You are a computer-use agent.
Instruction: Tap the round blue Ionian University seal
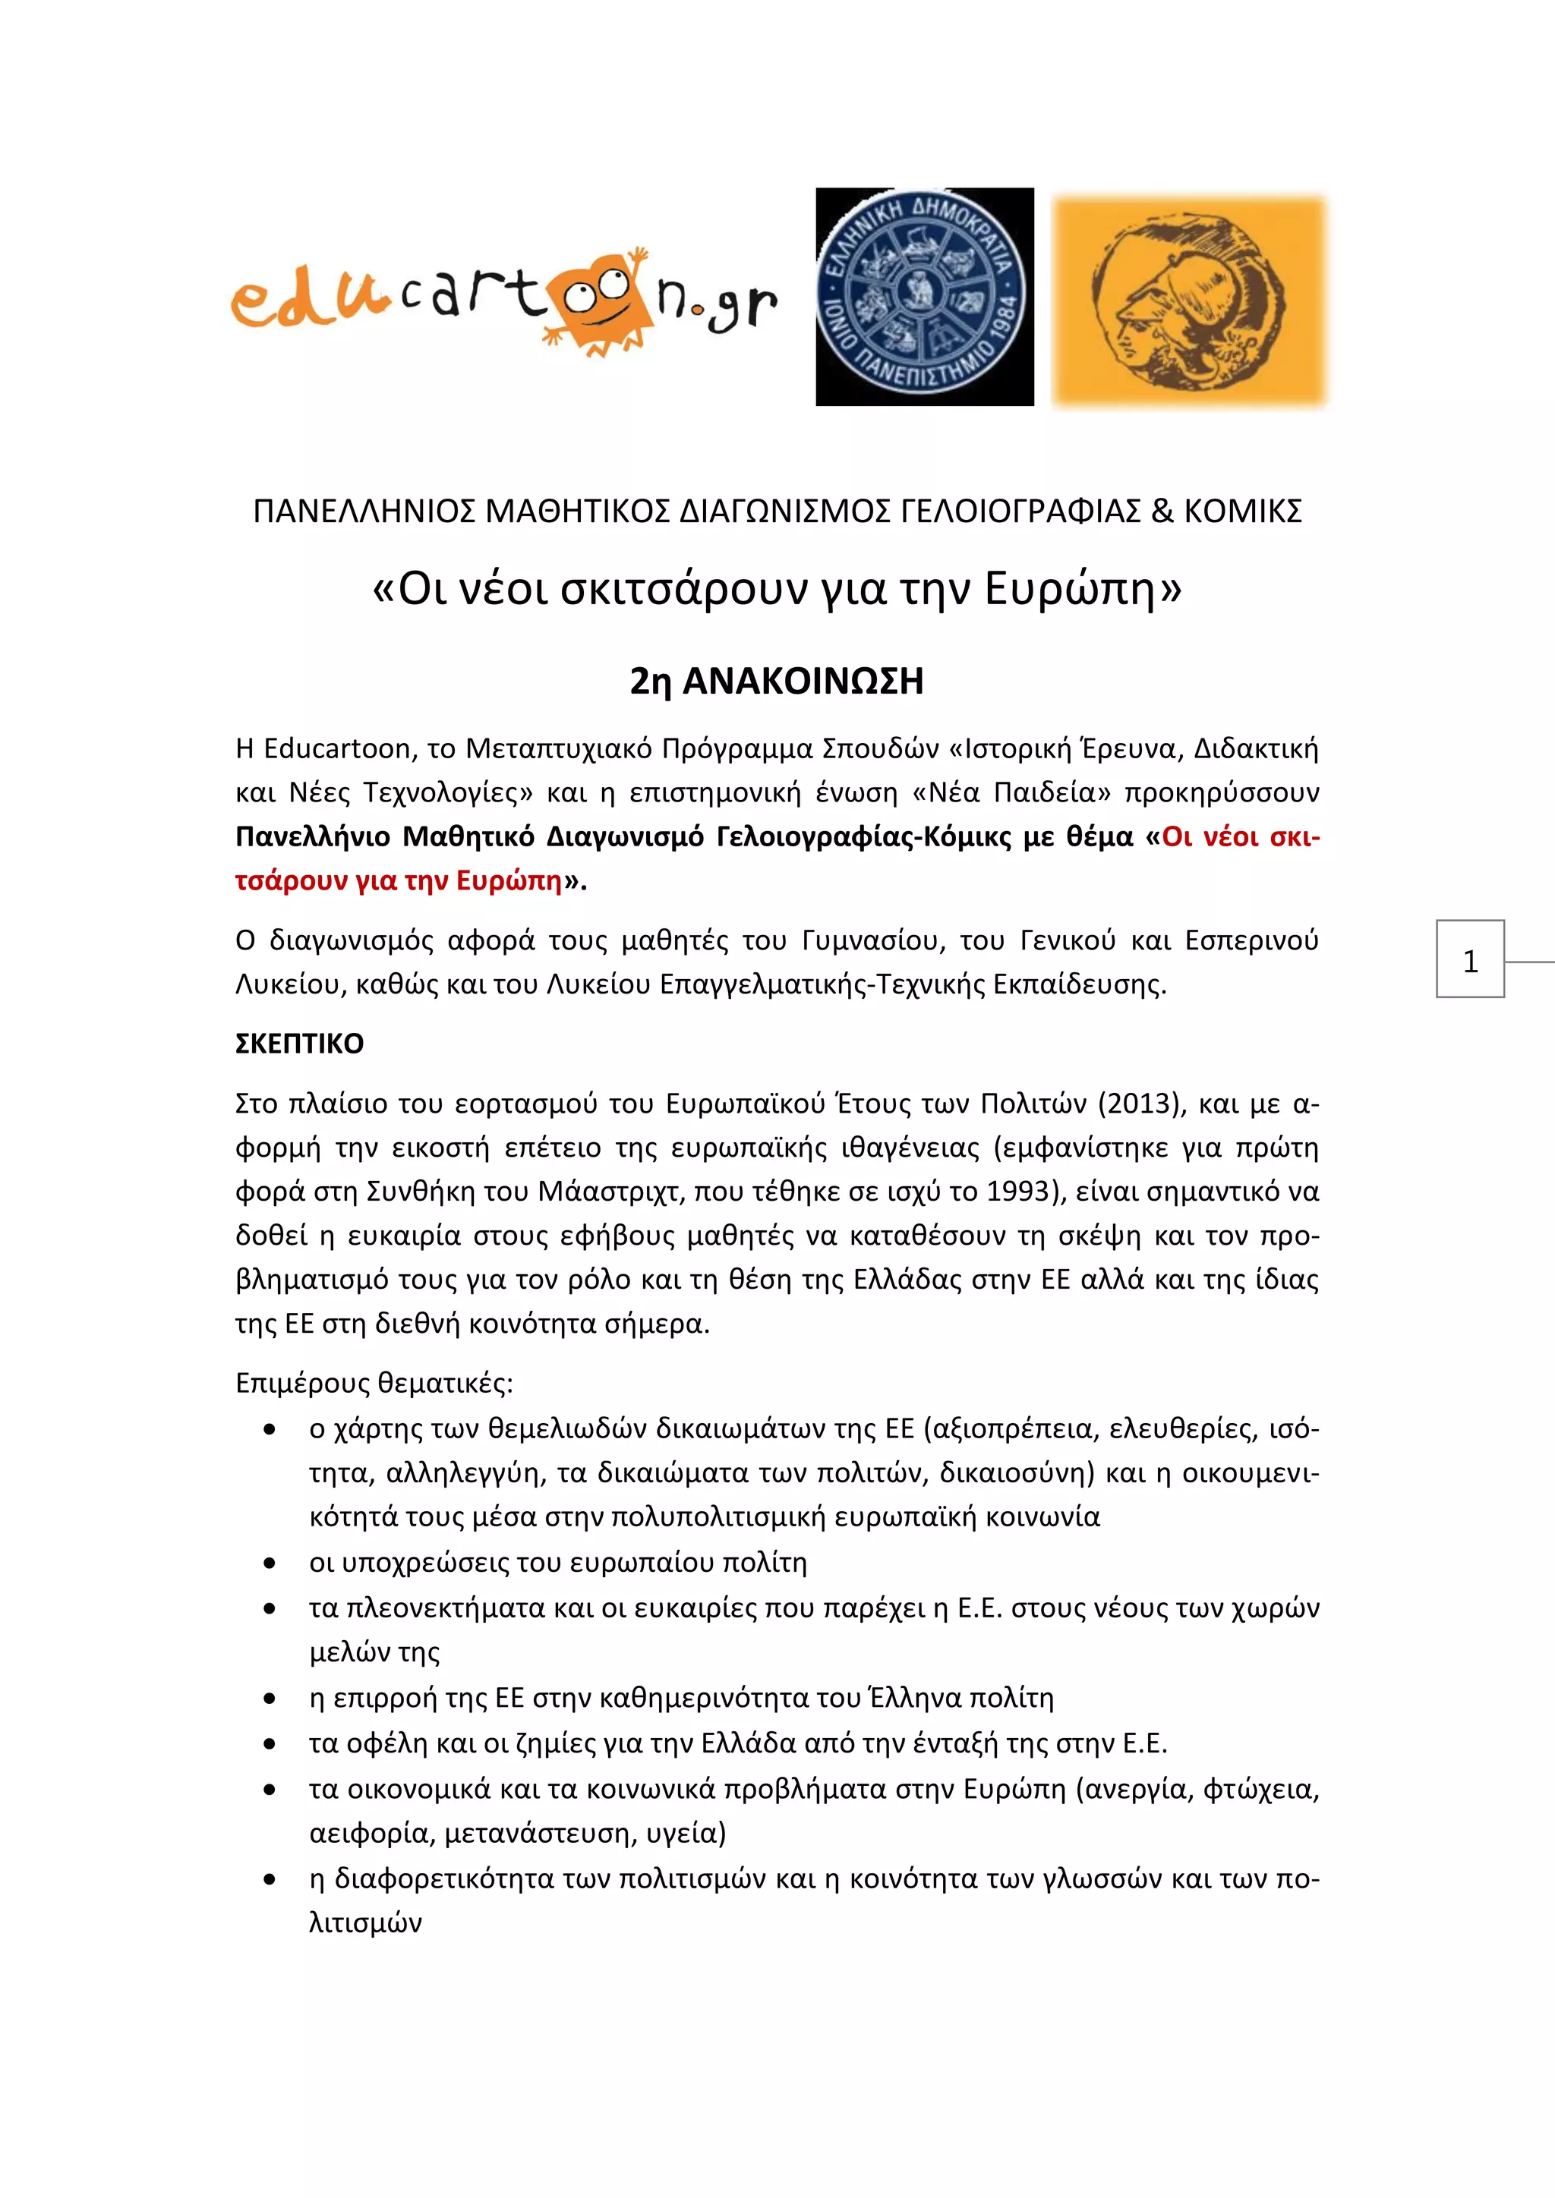(924, 297)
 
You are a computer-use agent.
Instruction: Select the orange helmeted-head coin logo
(1189, 300)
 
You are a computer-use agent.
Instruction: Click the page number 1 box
(1470, 959)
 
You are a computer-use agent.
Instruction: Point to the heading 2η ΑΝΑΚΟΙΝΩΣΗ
(777, 682)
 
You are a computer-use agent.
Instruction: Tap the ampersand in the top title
(1162, 512)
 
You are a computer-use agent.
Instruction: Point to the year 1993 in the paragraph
(1020, 1192)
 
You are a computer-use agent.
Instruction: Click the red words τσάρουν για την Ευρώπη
(399, 880)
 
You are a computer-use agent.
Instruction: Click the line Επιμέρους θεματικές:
(374, 1384)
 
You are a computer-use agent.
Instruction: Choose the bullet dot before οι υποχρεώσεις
(271, 1563)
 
